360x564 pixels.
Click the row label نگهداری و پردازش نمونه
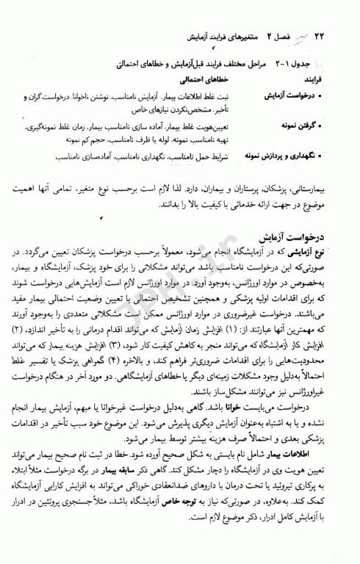tap(283, 156)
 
